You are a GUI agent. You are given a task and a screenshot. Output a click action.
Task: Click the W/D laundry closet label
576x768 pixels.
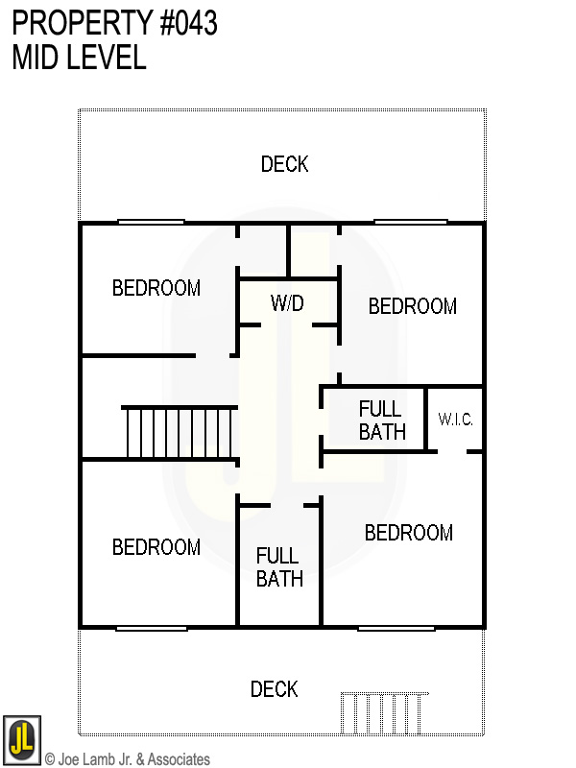287,303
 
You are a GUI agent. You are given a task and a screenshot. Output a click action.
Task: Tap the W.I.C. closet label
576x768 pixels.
456,420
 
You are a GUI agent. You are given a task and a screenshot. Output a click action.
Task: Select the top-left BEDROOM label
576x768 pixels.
156,288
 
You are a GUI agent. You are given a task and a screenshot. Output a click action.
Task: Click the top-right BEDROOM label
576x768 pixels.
413,306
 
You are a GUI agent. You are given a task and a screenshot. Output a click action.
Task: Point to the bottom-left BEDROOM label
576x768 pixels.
156,547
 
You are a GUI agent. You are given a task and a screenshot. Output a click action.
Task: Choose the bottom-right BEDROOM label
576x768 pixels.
409,533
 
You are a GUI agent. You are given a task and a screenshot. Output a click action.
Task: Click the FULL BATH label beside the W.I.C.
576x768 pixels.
382,420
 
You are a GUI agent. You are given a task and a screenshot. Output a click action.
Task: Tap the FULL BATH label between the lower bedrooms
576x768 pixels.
279,566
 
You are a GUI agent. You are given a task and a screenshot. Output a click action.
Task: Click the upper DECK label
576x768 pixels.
285,164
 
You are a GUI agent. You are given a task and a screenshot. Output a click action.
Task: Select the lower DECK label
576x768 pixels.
275,689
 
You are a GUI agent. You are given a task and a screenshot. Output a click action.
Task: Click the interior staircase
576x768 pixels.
180,433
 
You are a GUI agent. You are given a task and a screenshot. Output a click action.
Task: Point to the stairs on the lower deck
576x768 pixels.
384,713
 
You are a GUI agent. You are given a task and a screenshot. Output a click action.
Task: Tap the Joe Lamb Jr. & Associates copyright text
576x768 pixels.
127,759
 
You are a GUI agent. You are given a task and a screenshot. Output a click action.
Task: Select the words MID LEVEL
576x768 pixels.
79,58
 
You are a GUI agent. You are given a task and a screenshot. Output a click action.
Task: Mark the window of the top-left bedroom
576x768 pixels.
151,223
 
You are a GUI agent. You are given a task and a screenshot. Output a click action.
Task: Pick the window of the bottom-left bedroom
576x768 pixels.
152,628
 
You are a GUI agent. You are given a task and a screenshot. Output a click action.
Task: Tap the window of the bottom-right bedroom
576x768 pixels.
397,628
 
